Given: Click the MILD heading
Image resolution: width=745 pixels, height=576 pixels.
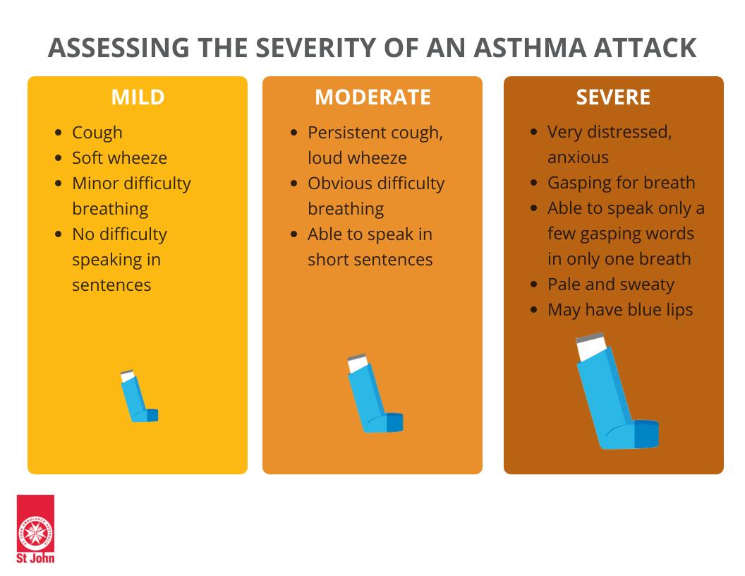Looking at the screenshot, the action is [138, 97].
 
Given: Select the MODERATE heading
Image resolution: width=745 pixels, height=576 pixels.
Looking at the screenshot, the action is [373, 97].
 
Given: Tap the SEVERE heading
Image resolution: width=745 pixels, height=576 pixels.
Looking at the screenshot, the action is [613, 97].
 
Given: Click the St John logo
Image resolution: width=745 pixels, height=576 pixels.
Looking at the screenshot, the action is [35, 529].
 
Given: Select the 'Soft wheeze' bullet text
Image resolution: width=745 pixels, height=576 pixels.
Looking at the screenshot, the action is [120, 158].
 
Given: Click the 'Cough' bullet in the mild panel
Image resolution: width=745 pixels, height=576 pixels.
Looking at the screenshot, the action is [97, 133].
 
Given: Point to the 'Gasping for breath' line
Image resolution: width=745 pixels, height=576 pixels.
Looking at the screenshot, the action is [621, 183].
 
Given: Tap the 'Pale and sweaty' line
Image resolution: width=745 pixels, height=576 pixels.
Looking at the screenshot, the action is [611, 284].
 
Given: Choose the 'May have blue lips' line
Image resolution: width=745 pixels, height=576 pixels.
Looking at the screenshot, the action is [620, 310].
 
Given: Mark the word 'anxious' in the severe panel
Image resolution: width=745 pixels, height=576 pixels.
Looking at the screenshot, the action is [579, 157].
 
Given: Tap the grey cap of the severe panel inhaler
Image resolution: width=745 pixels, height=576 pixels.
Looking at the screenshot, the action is [590, 337].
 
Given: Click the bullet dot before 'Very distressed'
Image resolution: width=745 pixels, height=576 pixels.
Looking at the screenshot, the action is [534, 131].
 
